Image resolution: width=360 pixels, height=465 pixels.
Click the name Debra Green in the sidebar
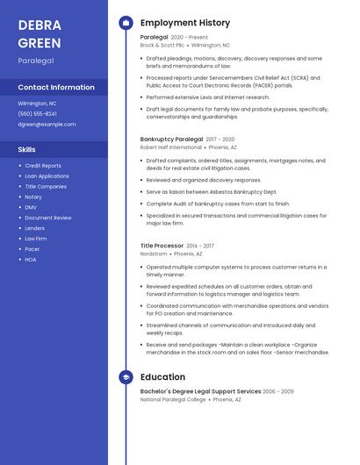pos(40,33)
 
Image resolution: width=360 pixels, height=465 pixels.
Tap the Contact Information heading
pos(56,88)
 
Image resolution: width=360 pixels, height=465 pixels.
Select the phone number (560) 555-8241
pos(38,114)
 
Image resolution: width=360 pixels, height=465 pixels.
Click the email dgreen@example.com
pos(47,125)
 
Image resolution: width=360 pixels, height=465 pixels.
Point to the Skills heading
pos(27,149)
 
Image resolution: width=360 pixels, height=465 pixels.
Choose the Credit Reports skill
pos(43,166)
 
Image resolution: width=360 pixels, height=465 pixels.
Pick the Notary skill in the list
pos(33,197)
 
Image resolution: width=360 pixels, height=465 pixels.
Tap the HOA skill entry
pos(31,260)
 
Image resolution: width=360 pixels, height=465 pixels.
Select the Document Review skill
pos(48,218)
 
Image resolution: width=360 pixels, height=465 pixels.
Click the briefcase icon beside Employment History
pos(126,23)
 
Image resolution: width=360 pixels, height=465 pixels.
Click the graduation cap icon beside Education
pos(126,377)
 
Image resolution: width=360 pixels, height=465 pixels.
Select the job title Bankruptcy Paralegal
pos(171,139)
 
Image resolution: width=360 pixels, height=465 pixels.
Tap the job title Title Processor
pos(162,246)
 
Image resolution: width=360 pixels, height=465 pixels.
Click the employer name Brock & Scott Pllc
pos(162,45)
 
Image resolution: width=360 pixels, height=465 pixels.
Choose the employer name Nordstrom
pos(154,254)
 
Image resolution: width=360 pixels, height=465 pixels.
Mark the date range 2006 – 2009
pos(278,391)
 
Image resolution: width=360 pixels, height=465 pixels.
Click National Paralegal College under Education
pos(173,399)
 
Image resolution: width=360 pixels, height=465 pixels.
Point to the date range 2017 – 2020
pos(220,139)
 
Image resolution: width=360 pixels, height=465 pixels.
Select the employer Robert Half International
pos(170,147)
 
